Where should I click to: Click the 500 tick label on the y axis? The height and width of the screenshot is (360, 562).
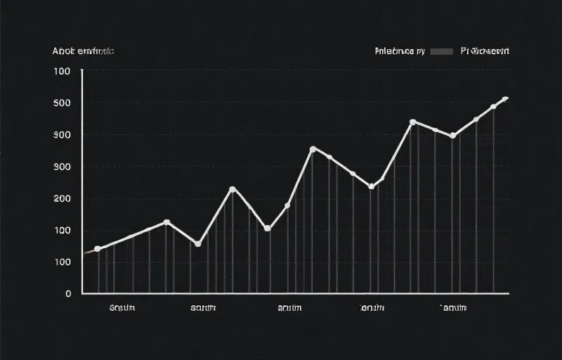point(62,103)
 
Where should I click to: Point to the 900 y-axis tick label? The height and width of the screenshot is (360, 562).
point(62,135)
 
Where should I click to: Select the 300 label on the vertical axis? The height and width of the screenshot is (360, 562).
point(62,167)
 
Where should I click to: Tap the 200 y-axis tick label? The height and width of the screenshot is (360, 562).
point(62,198)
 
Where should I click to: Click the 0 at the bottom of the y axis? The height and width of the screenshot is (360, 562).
point(68,293)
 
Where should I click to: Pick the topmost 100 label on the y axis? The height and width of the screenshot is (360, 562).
point(62,71)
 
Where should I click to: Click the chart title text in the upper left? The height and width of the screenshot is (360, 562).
point(83,51)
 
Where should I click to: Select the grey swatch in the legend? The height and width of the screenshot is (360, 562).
point(441,51)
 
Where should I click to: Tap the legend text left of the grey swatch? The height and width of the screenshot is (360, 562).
point(399,51)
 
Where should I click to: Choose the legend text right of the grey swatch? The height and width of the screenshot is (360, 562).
point(485,51)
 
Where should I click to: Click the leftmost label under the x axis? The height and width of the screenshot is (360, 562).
point(122,308)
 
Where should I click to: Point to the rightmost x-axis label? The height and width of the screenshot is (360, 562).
point(453,308)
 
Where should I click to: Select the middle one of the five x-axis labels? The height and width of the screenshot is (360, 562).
point(290,308)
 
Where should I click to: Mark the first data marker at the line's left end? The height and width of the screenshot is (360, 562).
point(98,250)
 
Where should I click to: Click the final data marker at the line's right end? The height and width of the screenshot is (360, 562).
point(504,99)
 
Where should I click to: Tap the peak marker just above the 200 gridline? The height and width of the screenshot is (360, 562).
point(233,189)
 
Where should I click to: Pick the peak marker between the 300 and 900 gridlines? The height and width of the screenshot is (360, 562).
point(313,149)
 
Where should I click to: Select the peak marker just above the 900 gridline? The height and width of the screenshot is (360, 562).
point(412,122)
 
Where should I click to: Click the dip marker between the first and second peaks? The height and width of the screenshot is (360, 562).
point(197,244)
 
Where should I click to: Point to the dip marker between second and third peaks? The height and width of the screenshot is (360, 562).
point(267,229)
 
